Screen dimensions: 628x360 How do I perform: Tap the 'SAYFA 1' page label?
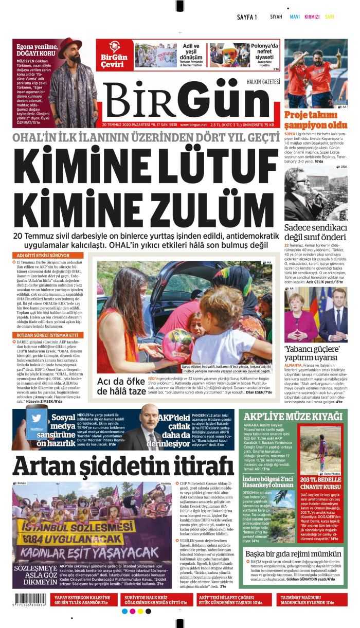pos(247,17)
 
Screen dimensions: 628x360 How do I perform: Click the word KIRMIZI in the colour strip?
pos(312,17)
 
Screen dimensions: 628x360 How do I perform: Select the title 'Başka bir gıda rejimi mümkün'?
pos(293,553)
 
